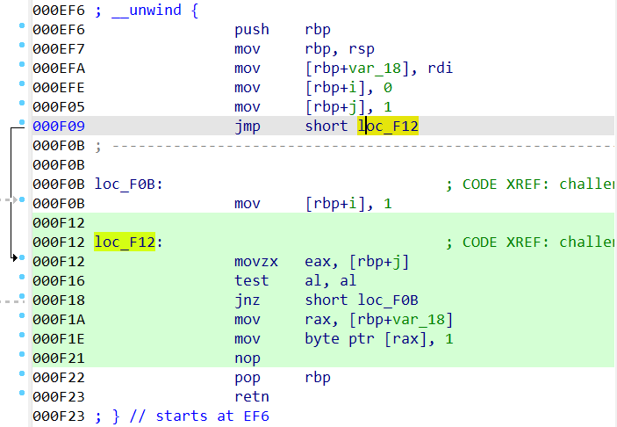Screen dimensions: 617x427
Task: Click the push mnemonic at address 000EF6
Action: coord(252,30)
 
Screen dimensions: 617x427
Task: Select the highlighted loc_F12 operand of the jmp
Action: coord(388,126)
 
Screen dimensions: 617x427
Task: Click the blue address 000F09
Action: coord(59,127)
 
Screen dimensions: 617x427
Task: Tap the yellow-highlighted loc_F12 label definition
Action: coord(125,242)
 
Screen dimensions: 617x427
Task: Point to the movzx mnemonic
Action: coord(256,262)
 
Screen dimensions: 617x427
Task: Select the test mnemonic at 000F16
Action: coord(252,281)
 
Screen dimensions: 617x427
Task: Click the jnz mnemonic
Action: coord(248,300)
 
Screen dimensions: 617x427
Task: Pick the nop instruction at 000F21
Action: coord(248,358)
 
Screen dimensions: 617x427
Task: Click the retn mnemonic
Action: coord(252,397)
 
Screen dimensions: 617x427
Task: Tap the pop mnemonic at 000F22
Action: coord(248,378)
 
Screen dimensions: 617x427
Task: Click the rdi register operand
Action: coord(441,69)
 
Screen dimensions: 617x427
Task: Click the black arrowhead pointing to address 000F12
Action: coord(15,258)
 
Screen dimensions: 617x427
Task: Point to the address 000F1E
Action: coord(59,339)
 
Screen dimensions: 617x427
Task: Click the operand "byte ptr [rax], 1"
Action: coord(379,339)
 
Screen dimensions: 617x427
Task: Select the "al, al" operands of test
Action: coord(331,281)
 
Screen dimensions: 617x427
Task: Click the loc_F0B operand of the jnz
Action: coord(388,300)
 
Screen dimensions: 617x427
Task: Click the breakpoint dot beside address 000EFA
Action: coord(22,64)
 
